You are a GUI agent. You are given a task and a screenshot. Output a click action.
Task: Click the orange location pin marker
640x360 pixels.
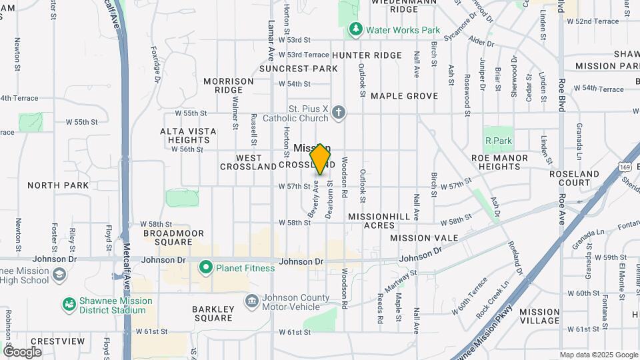tap(320, 159)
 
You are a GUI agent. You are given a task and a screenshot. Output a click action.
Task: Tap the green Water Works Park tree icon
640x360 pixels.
tap(355, 30)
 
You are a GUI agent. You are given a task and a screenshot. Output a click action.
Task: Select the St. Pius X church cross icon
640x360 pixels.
tap(339, 112)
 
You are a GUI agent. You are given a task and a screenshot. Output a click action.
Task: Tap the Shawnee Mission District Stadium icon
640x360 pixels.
tap(68, 305)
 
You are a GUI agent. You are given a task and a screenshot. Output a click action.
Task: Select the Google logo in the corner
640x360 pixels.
tap(22, 351)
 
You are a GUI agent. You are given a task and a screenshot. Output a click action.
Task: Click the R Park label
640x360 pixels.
tap(498, 141)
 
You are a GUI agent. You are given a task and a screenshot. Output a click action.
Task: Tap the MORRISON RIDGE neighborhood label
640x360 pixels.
tap(229, 85)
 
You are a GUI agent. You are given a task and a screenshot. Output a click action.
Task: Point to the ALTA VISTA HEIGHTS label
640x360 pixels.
tap(189, 135)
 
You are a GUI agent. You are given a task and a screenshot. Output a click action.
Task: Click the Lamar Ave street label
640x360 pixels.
tap(271, 40)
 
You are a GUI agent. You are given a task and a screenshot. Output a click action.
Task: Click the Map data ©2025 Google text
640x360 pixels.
tap(598, 355)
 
